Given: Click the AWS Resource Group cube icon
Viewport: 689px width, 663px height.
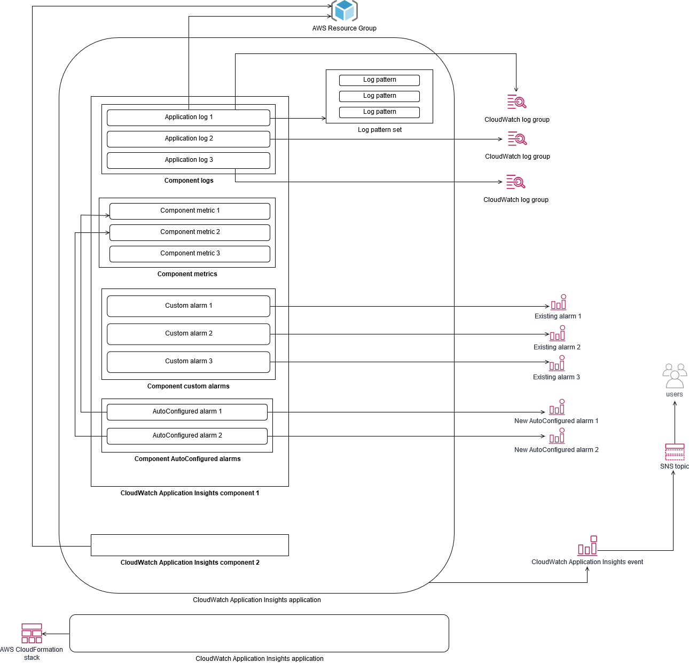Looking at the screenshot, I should click(344, 11).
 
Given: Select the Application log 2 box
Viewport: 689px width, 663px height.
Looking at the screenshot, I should click(189, 139).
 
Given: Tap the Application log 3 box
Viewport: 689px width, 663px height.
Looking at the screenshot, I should click(189, 160).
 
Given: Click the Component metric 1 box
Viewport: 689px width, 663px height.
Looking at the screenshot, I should click(190, 211).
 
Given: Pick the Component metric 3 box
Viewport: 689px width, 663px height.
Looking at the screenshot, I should click(190, 254).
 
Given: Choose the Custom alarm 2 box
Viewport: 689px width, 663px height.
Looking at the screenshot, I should click(189, 334).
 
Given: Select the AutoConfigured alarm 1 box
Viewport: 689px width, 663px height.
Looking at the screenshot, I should click(187, 412).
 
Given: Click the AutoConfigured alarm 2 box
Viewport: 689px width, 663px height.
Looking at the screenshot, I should click(187, 436).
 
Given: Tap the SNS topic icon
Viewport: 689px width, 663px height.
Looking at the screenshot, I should click(675, 452).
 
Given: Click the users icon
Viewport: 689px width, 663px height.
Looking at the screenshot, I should click(675, 376).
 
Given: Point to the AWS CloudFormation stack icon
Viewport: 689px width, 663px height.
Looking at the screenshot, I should click(32, 633).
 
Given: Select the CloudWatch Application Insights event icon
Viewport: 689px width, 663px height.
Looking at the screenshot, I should click(587, 546).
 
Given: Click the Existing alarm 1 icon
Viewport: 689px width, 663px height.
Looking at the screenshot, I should click(558, 302).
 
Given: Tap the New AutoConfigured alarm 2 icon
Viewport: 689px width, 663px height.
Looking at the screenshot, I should click(557, 436).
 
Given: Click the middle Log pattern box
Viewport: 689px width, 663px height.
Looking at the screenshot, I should click(379, 96).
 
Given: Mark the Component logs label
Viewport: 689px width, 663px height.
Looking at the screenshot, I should click(189, 181).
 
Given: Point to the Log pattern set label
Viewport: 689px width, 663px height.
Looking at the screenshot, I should click(379, 130).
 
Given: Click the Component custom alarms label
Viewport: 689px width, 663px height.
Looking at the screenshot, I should click(188, 386).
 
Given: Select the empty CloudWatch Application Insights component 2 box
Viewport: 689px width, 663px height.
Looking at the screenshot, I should click(190, 545).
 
